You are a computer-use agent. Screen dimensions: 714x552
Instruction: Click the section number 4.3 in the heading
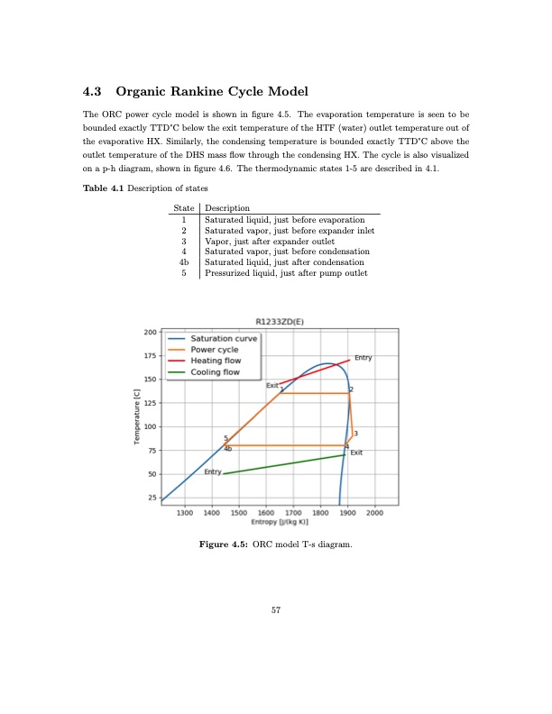[x=93, y=92]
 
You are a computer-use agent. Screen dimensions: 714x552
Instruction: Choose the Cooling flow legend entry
[x=214, y=371]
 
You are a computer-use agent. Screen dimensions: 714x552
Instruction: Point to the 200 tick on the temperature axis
[x=150, y=333]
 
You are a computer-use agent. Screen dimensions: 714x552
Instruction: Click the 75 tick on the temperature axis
[x=152, y=451]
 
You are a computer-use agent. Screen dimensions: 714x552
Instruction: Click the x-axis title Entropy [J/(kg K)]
[x=280, y=522]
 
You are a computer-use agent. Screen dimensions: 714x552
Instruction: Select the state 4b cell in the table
[x=183, y=262]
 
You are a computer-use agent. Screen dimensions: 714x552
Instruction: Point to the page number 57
[x=276, y=610]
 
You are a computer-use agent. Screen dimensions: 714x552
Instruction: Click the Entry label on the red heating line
[x=363, y=358]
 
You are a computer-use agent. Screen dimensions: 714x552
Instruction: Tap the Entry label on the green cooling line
[x=213, y=472]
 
